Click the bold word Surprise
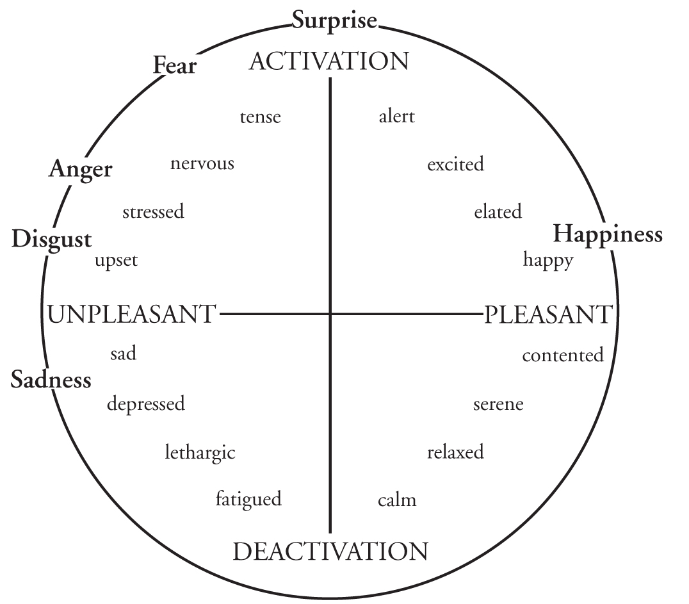click(x=334, y=20)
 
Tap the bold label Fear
click(x=174, y=65)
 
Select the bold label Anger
click(x=80, y=169)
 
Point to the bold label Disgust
click(x=51, y=240)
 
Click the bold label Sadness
click(x=51, y=380)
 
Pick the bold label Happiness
click(x=607, y=234)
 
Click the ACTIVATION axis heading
click(x=328, y=61)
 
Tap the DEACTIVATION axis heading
click(x=330, y=551)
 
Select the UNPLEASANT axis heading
click(x=131, y=314)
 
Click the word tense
click(x=260, y=117)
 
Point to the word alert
click(x=396, y=117)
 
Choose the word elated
click(x=498, y=211)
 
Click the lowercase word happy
click(x=547, y=260)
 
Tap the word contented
click(x=562, y=355)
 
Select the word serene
click(x=498, y=404)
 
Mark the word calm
click(x=397, y=500)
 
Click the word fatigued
click(x=248, y=499)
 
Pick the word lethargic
click(x=200, y=453)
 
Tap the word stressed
click(x=153, y=211)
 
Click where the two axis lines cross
click(x=330, y=314)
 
